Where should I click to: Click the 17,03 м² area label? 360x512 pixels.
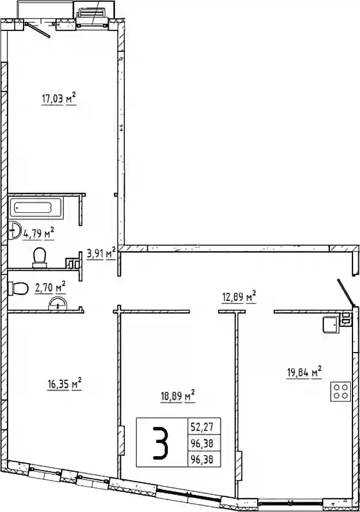pyautogui.click(x=59, y=98)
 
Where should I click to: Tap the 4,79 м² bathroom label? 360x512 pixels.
pyautogui.click(x=38, y=234)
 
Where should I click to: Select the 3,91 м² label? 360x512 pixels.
pyautogui.click(x=101, y=253)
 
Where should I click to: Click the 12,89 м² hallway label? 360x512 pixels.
pyautogui.click(x=239, y=297)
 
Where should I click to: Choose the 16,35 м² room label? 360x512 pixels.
pyautogui.click(x=64, y=384)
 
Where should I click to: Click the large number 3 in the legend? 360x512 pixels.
pyautogui.click(x=162, y=441)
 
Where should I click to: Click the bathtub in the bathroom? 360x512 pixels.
pyautogui.click(x=36, y=208)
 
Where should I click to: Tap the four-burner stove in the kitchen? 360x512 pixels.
pyautogui.click(x=340, y=391)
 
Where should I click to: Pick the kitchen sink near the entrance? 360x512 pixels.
pyautogui.click(x=331, y=324)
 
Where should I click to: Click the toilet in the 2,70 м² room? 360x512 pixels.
pyautogui.click(x=19, y=288)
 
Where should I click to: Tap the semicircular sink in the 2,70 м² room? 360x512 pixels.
pyautogui.click(x=58, y=304)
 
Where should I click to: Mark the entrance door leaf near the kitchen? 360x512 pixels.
pyautogui.click(x=345, y=293)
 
